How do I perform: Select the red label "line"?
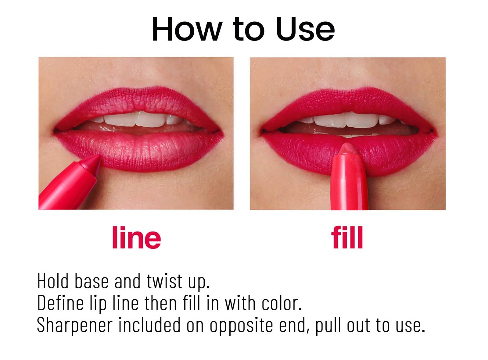(x=136, y=237)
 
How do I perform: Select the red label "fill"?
(x=347, y=237)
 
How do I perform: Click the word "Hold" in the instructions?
(x=53, y=281)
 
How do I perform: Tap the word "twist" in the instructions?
(x=164, y=281)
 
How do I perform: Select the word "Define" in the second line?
(x=60, y=303)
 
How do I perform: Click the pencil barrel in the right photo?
(x=349, y=186)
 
